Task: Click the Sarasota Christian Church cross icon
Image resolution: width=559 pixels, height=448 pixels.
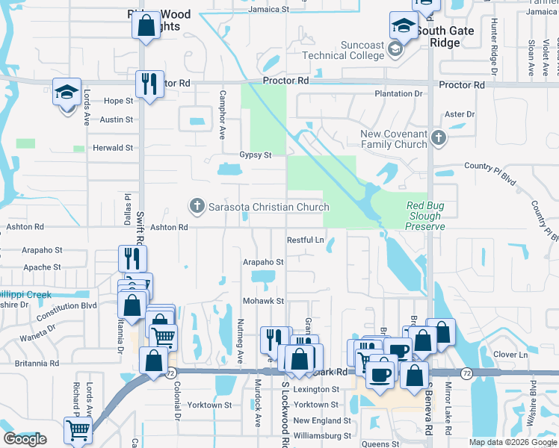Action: (197, 206)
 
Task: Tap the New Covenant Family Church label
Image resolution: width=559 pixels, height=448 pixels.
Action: (393, 139)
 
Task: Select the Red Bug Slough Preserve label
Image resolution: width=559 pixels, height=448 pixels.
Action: (425, 216)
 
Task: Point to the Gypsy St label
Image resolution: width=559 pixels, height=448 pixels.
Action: (255, 155)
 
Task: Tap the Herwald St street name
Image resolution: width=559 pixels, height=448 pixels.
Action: (113, 148)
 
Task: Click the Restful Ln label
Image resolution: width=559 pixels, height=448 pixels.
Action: (306, 240)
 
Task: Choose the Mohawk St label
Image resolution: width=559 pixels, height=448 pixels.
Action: (263, 301)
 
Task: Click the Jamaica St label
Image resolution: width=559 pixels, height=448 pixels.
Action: (268, 10)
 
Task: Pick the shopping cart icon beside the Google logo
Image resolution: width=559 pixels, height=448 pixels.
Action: (78, 430)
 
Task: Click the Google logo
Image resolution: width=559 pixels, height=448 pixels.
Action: (25, 439)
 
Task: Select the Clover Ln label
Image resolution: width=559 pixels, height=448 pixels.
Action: (512, 355)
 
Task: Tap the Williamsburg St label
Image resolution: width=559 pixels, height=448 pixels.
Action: (321, 435)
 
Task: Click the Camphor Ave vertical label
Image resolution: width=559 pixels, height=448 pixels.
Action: (222, 116)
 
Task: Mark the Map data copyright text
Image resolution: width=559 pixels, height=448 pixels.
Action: (512, 442)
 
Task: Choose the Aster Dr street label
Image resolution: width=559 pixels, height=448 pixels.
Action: (459, 114)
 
